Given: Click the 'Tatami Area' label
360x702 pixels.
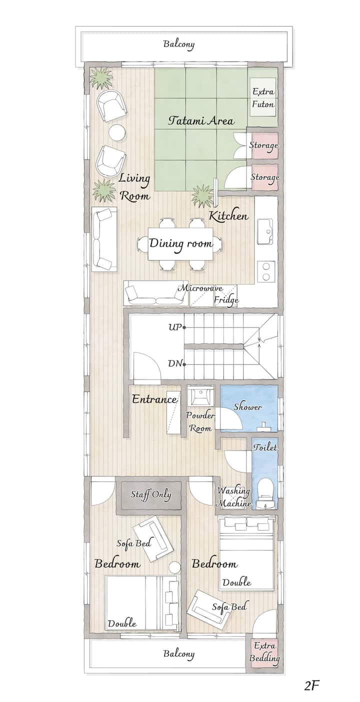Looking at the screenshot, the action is pos(201,120).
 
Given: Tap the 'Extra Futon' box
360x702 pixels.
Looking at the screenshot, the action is pos(263,98).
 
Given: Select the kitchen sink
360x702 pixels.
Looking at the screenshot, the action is pos(265,231).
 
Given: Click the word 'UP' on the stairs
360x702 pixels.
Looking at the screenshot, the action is pos(175,327).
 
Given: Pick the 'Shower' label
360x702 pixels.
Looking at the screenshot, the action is pos(247,407).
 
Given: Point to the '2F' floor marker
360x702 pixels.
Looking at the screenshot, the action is pos(311,686).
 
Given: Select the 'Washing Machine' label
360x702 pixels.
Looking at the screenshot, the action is pos(233,497).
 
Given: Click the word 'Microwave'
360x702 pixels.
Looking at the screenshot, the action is pos(200,288).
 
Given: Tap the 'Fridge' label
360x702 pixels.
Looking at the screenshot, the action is pos(226,300).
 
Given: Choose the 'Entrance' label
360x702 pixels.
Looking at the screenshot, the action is pos(154,399).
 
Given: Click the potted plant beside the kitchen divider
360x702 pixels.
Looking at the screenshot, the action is pos(202,196).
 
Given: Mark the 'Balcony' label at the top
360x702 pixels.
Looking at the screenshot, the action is pos(179,44).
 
